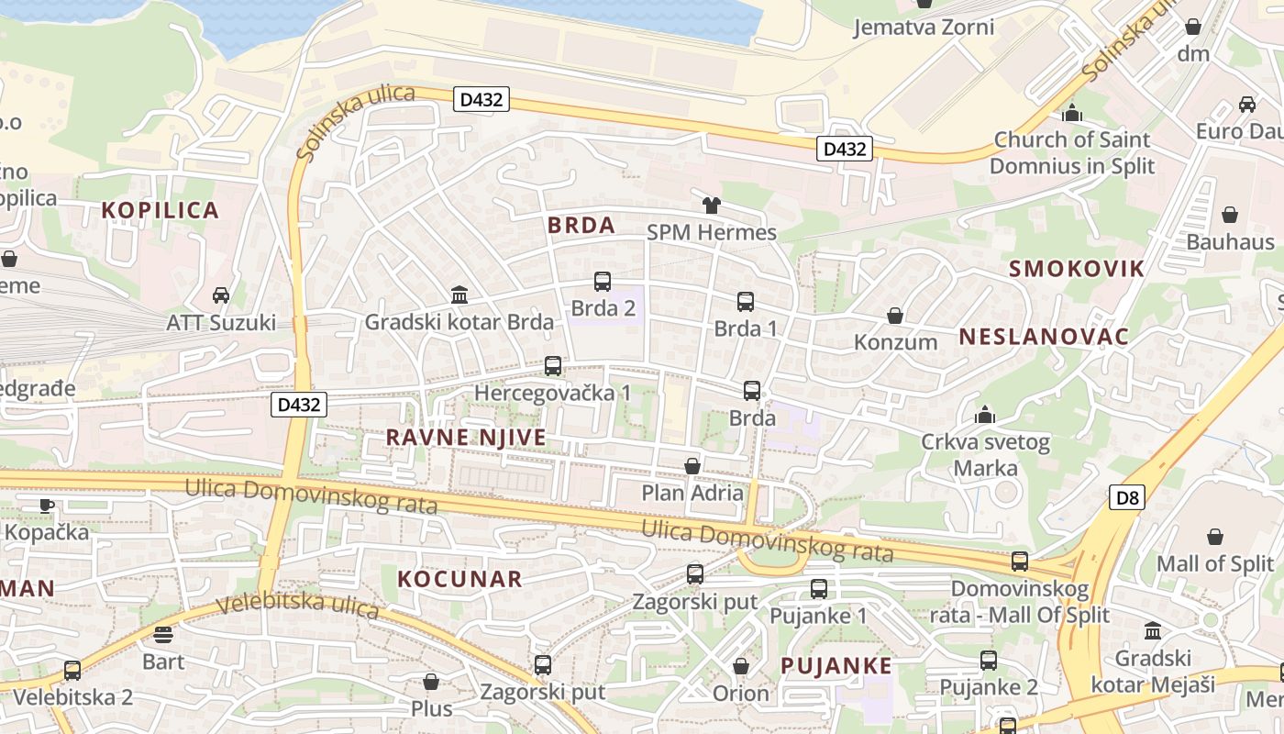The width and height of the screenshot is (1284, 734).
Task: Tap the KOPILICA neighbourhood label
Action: pyautogui.click(x=160, y=210)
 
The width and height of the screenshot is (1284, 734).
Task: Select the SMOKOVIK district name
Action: pyautogui.click(x=1077, y=269)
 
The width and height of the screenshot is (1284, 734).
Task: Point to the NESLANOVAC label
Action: pyautogui.click(x=1044, y=337)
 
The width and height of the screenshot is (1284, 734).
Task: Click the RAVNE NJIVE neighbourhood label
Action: pyautogui.click(x=466, y=438)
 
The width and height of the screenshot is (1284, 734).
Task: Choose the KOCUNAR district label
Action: pyautogui.click(x=460, y=579)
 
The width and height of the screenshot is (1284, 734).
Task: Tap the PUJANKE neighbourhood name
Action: pyautogui.click(x=836, y=666)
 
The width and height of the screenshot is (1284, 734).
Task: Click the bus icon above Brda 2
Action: pyautogui.click(x=603, y=282)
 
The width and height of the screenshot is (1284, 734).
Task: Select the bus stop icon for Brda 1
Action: pyautogui.click(x=746, y=302)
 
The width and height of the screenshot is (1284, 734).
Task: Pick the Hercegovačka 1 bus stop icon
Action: pyautogui.click(x=553, y=366)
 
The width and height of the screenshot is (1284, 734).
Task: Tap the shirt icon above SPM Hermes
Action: pyautogui.click(x=712, y=205)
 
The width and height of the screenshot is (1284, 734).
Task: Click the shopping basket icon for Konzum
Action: pyautogui.click(x=895, y=317)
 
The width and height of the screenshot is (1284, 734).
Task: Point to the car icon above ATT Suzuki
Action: pyautogui.click(x=221, y=295)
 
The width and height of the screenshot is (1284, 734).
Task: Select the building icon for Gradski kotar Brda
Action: pyautogui.click(x=459, y=295)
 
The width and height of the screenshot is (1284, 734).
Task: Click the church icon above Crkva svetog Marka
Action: pyautogui.click(x=985, y=415)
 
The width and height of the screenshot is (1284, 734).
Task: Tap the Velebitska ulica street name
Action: pyautogui.click(x=298, y=605)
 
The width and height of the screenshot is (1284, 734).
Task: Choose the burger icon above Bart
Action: pyautogui.click(x=163, y=635)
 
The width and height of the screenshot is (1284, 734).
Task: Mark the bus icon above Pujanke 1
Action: pyautogui.click(x=819, y=589)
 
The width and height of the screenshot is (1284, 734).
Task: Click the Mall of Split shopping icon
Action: pyautogui.click(x=1215, y=537)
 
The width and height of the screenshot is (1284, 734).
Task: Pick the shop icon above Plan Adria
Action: pyautogui.click(x=692, y=466)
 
